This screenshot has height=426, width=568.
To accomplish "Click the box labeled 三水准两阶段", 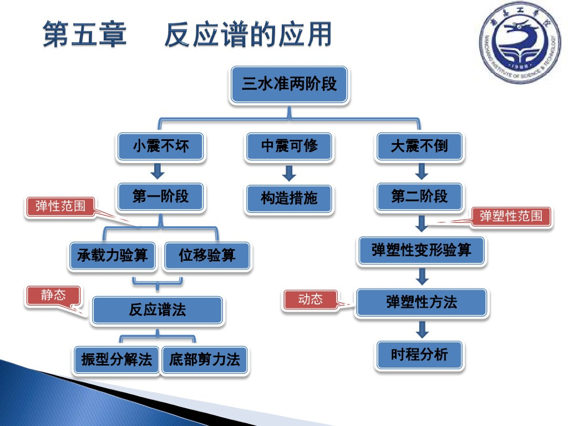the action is click(x=290, y=85).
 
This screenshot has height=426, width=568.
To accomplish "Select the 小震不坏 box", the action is click(x=160, y=146).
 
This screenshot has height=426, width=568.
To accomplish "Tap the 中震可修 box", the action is click(x=290, y=146).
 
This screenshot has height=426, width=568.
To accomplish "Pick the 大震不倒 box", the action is click(x=419, y=146).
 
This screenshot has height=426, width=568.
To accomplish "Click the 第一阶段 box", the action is click(x=160, y=196).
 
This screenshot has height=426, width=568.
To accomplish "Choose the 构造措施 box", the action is click(x=290, y=198).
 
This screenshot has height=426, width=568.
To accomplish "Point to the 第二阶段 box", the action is click(x=419, y=196).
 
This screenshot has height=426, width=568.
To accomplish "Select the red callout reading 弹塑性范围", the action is click(x=511, y=216).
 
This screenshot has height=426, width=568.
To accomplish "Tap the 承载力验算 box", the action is click(x=113, y=255).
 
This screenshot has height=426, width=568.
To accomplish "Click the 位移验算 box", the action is click(x=207, y=255).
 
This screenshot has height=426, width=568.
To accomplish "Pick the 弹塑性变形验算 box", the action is click(x=421, y=250).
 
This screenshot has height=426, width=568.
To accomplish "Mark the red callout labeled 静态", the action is click(x=53, y=295).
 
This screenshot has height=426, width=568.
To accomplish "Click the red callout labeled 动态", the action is click(x=311, y=300).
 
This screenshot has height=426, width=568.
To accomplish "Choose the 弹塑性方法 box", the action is click(x=422, y=302).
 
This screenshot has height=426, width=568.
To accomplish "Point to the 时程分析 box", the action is click(x=419, y=354).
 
